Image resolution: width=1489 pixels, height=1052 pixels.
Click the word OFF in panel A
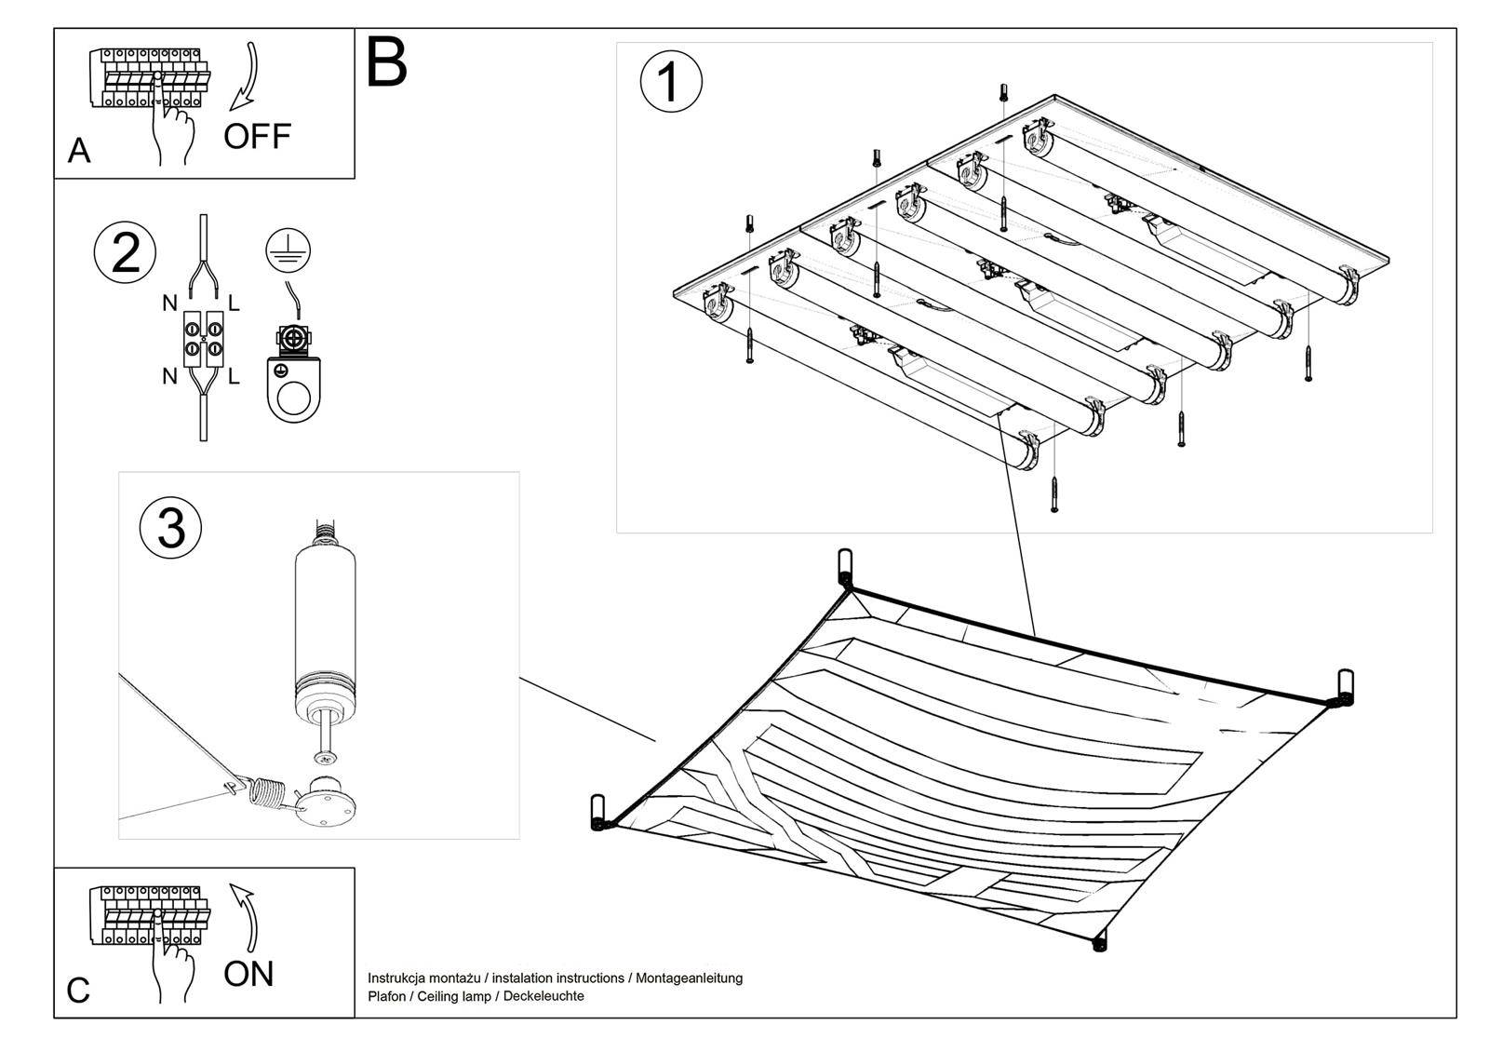pos(257,137)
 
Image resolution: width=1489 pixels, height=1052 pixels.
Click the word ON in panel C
pos(248,974)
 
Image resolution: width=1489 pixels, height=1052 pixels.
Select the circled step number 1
pos(671,82)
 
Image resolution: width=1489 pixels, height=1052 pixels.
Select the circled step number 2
pos(126,253)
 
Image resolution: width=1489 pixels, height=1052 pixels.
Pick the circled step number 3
pos(170,529)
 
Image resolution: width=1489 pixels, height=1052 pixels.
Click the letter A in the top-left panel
pos(79,151)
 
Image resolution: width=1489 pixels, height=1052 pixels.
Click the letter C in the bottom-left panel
pos(79,991)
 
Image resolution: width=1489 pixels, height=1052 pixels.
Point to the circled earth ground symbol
pos(288,249)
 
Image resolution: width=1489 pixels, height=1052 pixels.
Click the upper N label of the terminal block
pos(169,303)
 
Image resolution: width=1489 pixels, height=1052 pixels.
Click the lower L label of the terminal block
pos(234,377)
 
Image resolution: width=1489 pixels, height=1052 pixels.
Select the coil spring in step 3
pos(268,794)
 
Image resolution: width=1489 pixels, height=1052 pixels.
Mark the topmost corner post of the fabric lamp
pos(845,565)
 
